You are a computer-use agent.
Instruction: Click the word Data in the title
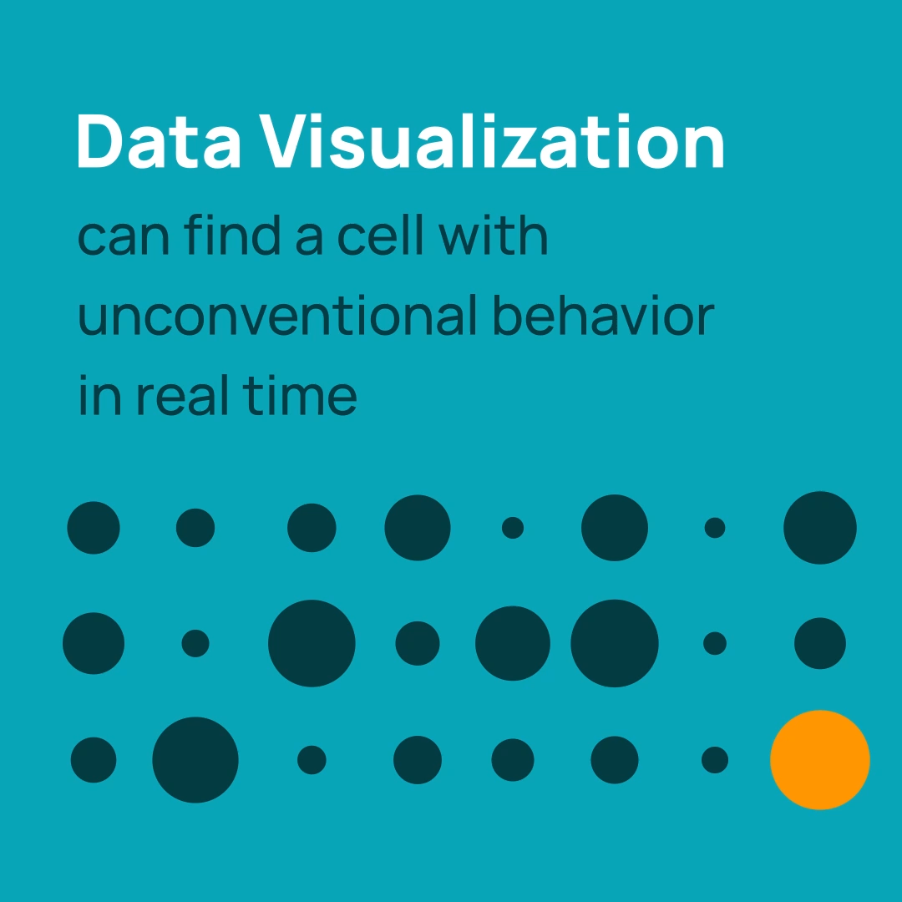point(158,141)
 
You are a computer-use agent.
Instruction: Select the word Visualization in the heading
point(492,141)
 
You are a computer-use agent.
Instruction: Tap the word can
point(124,237)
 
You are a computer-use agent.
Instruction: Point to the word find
point(232,234)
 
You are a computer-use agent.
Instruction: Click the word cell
point(380,234)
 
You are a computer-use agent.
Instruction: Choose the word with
point(493,234)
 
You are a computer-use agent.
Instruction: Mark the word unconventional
point(277,315)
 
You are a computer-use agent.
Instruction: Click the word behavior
point(604,315)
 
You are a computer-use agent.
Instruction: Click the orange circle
point(820,760)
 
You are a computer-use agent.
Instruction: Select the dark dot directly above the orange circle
point(820,643)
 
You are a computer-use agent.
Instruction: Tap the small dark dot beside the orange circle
point(715,760)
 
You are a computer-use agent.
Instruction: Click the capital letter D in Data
point(100,141)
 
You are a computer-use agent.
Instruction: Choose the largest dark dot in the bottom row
point(195,760)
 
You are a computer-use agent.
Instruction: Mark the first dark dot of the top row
point(94,528)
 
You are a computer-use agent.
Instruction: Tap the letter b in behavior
point(507,315)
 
